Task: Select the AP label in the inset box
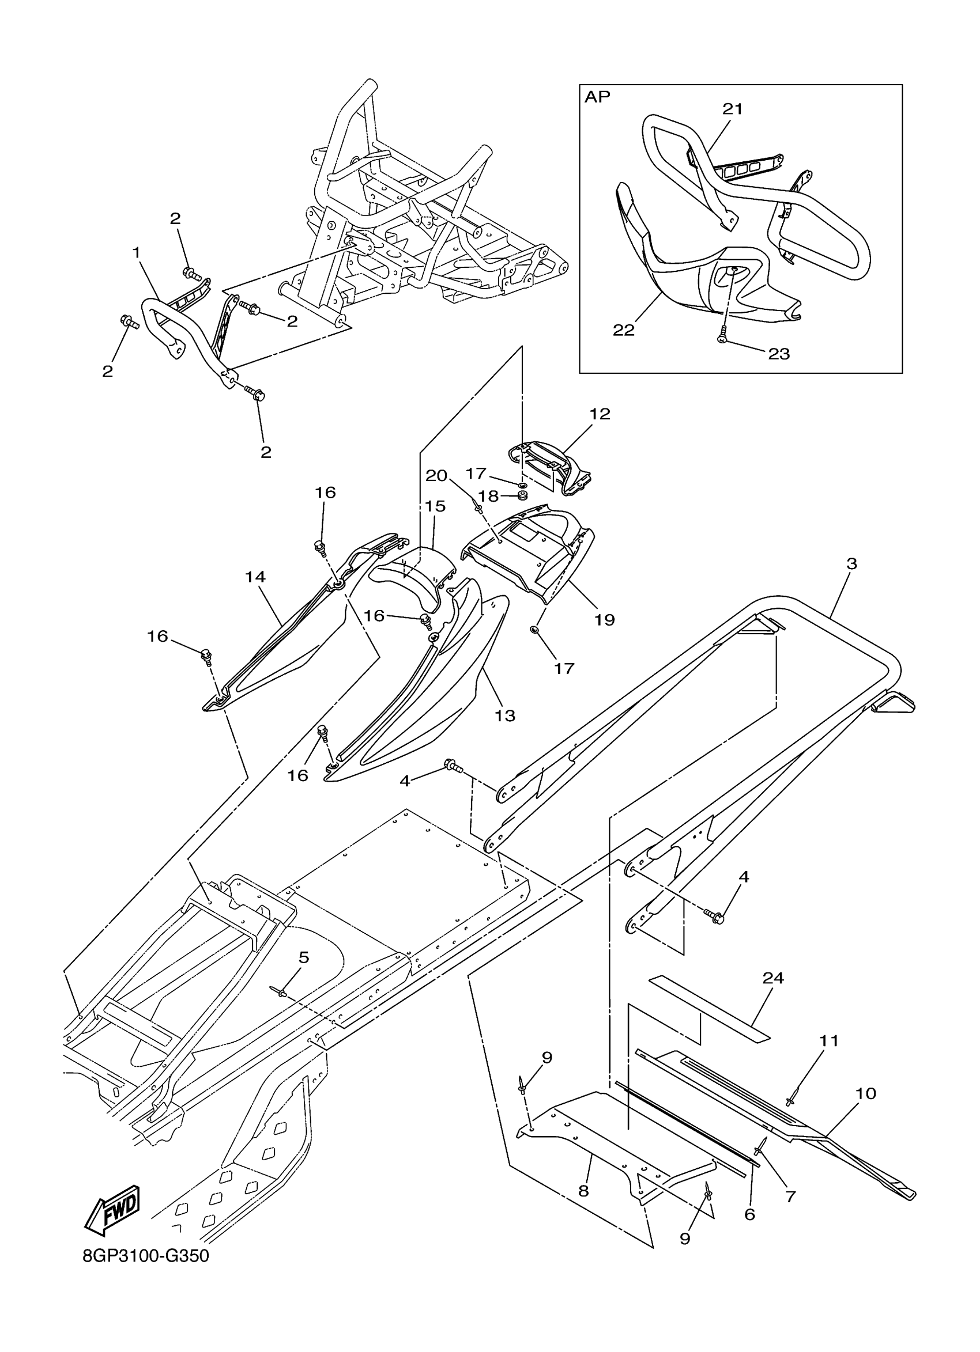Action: click(x=597, y=97)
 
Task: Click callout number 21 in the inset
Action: click(x=733, y=108)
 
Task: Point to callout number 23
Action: click(x=778, y=354)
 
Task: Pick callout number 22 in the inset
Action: click(x=624, y=330)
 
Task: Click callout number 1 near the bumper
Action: click(x=137, y=253)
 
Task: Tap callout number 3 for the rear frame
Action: click(x=851, y=563)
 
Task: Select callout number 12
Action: click(x=600, y=414)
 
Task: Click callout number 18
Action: click(x=488, y=496)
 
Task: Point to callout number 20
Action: click(x=436, y=475)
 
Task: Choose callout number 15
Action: click(x=435, y=506)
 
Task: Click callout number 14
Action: click(x=255, y=577)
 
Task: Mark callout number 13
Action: click(x=504, y=715)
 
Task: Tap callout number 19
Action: click(x=604, y=619)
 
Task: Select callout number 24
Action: click(x=773, y=978)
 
